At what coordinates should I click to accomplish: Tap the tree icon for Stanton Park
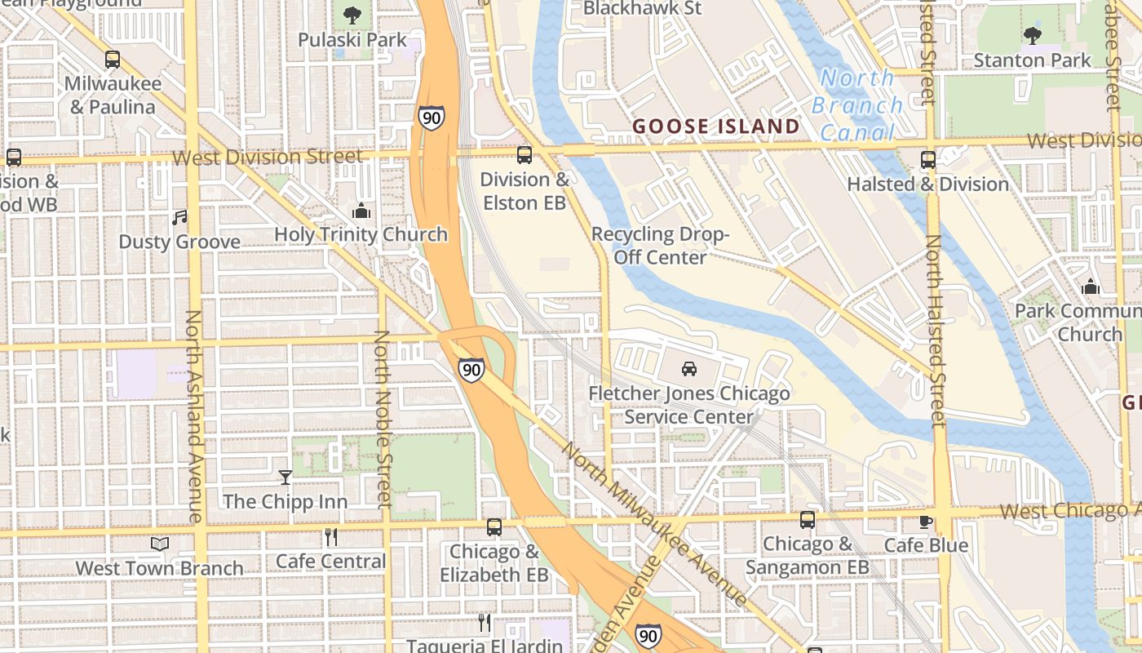coord(1033,35)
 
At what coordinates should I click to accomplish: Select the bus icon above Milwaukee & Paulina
coord(113,60)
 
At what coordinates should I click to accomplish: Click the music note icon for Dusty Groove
coord(179,217)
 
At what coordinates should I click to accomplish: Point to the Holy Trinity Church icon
coord(361,211)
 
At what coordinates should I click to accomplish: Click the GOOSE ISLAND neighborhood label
coord(716,126)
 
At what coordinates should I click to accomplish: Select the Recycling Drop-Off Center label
coord(660,246)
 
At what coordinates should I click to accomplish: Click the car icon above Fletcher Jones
coord(689,368)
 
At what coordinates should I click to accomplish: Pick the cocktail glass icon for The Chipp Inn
coord(285,477)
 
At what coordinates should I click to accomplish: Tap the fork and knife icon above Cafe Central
coord(330,536)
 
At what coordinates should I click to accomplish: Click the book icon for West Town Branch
coord(160,544)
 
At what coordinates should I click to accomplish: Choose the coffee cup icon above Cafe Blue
coord(926,521)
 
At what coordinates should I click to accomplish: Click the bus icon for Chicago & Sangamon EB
coord(808,519)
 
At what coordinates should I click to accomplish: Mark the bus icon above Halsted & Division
coord(928,159)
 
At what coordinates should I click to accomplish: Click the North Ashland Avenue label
coord(194,416)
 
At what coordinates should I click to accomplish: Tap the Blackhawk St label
coord(643,8)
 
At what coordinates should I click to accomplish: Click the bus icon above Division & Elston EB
coord(525,154)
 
